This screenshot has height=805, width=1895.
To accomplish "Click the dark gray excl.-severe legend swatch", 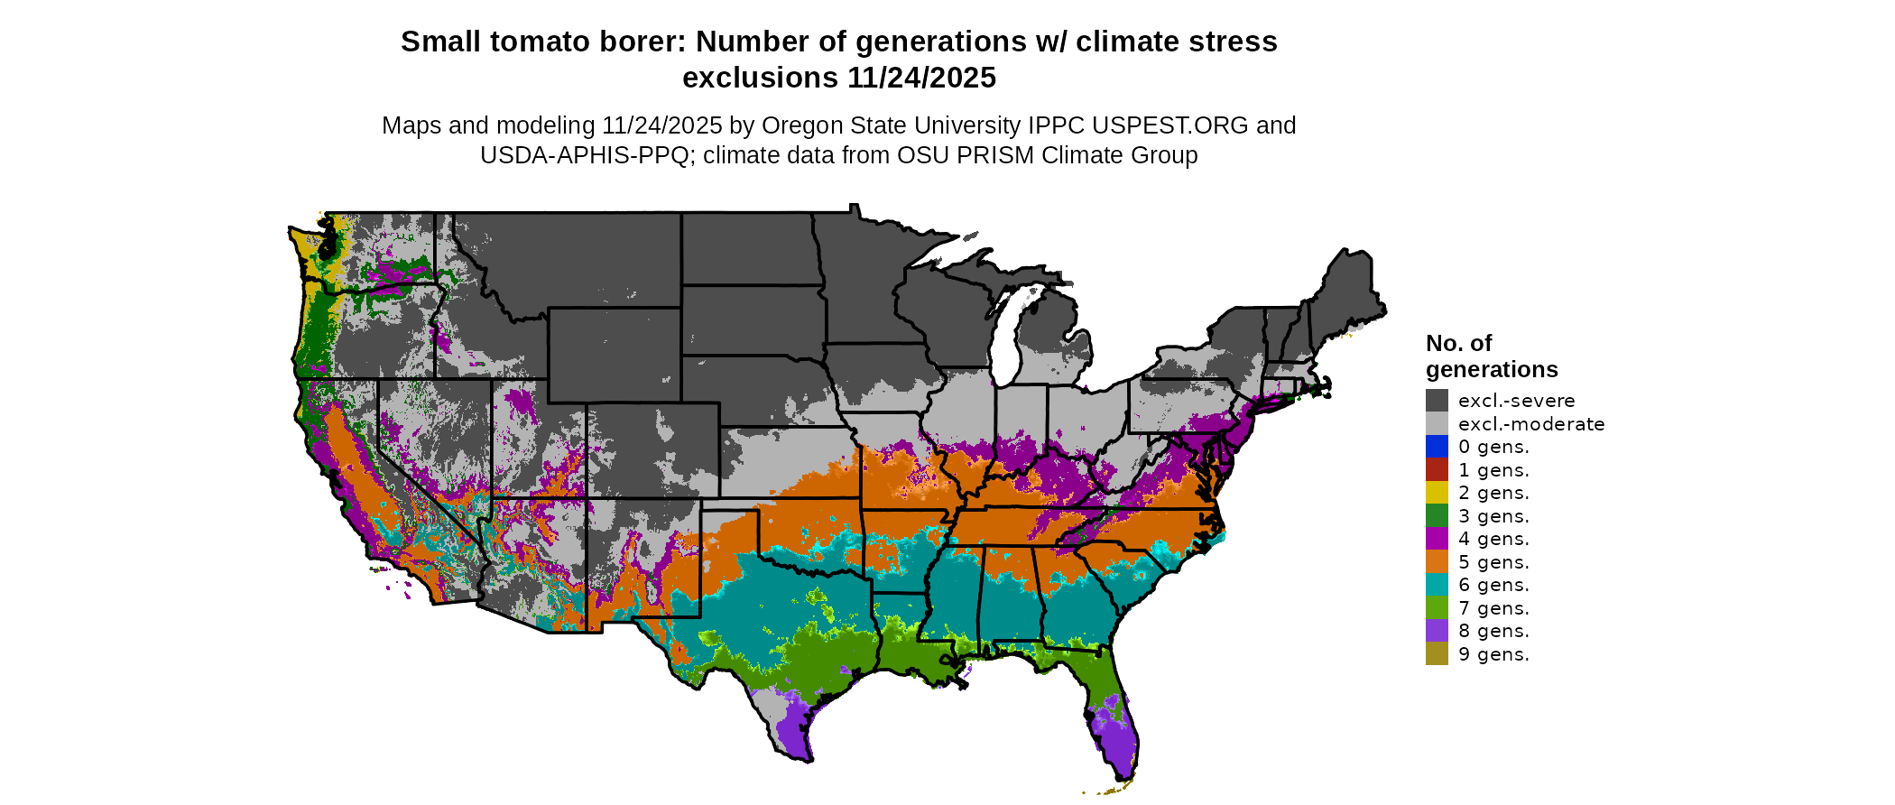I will (x=1437, y=401).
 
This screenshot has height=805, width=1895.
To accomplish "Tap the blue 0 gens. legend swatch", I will (x=1437, y=447).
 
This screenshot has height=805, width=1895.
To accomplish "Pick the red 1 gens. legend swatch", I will (x=1437, y=470).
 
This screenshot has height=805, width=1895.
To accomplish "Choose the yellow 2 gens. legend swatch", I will (x=1437, y=493).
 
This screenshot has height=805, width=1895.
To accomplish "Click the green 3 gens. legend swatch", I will (x=1437, y=516).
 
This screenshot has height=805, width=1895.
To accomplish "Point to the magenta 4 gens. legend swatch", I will (x=1437, y=539).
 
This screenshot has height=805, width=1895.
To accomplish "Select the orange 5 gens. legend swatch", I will (x=1437, y=562).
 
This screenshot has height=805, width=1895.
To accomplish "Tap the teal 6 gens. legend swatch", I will (x=1437, y=585).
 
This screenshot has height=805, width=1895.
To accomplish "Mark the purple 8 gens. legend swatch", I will (x=1437, y=631).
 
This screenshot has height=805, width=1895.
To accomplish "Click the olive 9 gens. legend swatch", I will (x=1437, y=654).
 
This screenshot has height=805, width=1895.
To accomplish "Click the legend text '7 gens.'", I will (x=1493, y=608).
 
